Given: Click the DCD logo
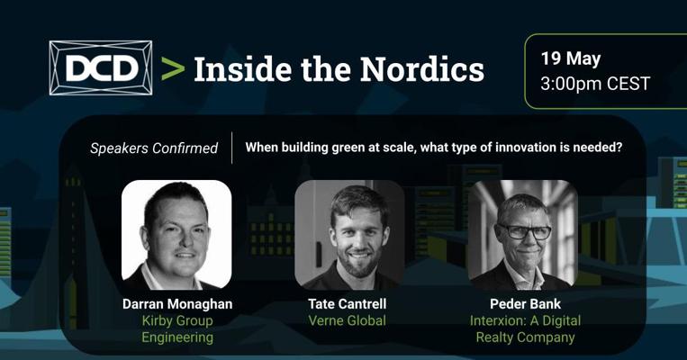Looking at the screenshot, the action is pyautogui.click(x=101, y=67).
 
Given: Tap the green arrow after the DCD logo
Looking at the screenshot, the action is pyautogui.click(x=173, y=68).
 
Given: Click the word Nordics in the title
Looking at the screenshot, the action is pyautogui.click(x=422, y=69).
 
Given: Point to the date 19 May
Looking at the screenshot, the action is pyautogui.click(x=571, y=58).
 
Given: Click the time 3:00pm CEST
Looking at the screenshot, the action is pyautogui.click(x=595, y=84).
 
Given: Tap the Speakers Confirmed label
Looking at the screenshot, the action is pyautogui.click(x=154, y=148).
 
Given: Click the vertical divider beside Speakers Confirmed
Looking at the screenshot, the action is pyautogui.click(x=231, y=148).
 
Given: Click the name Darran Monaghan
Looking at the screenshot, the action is pyautogui.click(x=177, y=304).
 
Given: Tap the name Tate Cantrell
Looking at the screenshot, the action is pyautogui.click(x=348, y=304).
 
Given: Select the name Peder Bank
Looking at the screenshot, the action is pyautogui.click(x=525, y=304).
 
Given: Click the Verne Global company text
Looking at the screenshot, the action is pyautogui.click(x=348, y=320).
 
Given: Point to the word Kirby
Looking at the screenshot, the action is pyautogui.click(x=157, y=321).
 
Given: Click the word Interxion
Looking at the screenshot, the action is pyautogui.click(x=497, y=320).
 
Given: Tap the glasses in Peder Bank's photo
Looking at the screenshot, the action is pyautogui.click(x=523, y=231).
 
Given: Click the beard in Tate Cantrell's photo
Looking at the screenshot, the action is pyautogui.click(x=359, y=263).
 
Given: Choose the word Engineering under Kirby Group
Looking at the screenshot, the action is pyautogui.click(x=177, y=337).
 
